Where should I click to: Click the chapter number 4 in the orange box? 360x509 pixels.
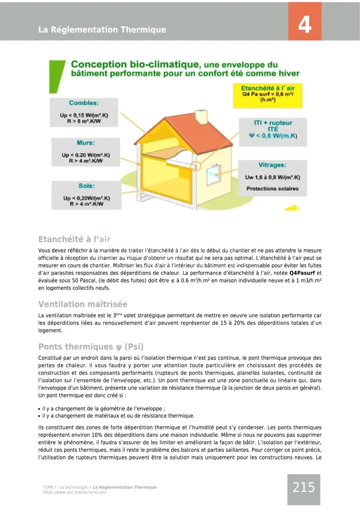pyautogui.click(x=304, y=25)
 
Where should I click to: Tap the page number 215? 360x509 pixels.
pyautogui.click(x=304, y=487)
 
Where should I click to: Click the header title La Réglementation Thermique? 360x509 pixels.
pyautogui.click(x=102, y=30)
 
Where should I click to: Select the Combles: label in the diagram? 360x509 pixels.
pyautogui.click(x=84, y=103)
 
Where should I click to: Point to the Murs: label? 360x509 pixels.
pyautogui.click(x=85, y=143)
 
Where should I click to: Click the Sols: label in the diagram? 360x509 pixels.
pyautogui.click(x=86, y=186)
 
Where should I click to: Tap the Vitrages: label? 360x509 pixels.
pyautogui.click(x=272, y=165)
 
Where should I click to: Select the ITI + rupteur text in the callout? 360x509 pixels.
pyautogui.click(x=273, y=123)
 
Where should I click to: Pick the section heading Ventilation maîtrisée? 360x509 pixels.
pyautogui.click(x=83, y=304)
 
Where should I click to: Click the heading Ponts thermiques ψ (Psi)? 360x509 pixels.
pyautogui.click(x=91, y=347)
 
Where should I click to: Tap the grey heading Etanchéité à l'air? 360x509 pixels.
pyautogui.click(x=74, y=239)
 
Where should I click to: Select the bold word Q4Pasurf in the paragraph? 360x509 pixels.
pyautogui.click(x=302, y=273)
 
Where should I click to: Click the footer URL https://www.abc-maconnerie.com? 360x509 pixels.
pyautogui.click(x=75, y=492)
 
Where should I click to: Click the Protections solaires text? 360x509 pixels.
pyautogui.click(x=272, y=189)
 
